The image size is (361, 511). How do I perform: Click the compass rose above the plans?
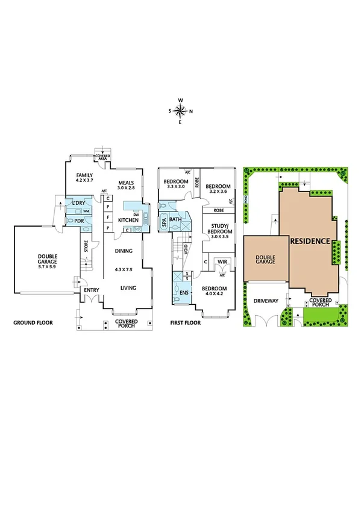click(x=180, y=110)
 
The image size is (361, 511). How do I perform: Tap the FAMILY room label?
click(x=84, y=175)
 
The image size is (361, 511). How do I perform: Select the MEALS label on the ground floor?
click(x=125, y=183)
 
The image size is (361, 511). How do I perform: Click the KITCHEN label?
click(x=128, y=221)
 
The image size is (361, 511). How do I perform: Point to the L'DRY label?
click(x=77, y=203)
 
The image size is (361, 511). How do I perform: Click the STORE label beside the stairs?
click(x=86, y=246)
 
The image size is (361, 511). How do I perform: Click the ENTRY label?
click(x=92, y=290)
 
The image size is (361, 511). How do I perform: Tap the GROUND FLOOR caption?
click(x=33, y=323)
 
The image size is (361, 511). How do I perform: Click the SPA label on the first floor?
click(x=163, y=222)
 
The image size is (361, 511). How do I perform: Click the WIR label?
click(x=222, y=262)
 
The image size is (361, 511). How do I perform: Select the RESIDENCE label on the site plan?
click(x=311, y=241)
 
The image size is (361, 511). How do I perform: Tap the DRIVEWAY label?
click(x=265, y=300)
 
